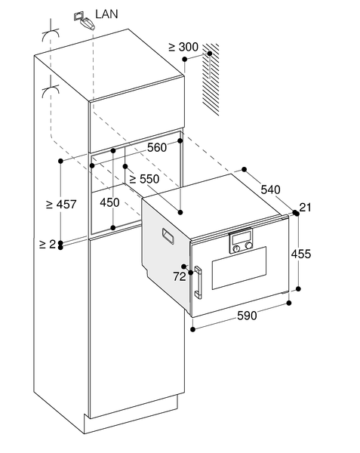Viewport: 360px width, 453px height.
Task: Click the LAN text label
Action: [106, 14]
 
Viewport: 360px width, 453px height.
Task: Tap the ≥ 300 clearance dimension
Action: [183, 47]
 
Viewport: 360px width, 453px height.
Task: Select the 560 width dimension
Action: [157, 147]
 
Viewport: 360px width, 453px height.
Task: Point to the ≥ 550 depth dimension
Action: [144, 179]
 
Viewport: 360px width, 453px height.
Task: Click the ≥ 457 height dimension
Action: [61, 205]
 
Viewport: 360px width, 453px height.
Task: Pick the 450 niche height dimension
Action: [109, 202]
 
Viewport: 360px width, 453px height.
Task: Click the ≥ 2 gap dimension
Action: [48, 245]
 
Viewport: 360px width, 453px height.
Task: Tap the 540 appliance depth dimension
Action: [270, 190]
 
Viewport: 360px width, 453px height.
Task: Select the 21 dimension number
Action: [305, 207]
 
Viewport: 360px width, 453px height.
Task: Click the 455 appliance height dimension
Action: [301, 254]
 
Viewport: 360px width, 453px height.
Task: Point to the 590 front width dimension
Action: [247, 315]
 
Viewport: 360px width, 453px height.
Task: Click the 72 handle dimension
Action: [180, 276]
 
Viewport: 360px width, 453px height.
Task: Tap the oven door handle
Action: [198, 282]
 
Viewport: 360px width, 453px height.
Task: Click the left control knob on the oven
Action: [236, 248]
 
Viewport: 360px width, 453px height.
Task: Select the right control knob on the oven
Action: [248, 245]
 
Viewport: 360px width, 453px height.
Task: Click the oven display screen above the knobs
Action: [241, 238]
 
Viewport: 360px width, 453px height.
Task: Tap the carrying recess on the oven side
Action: [168, 236]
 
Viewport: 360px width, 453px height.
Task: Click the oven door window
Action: [239, 268]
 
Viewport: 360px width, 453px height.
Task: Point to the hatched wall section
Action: [211, 79]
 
